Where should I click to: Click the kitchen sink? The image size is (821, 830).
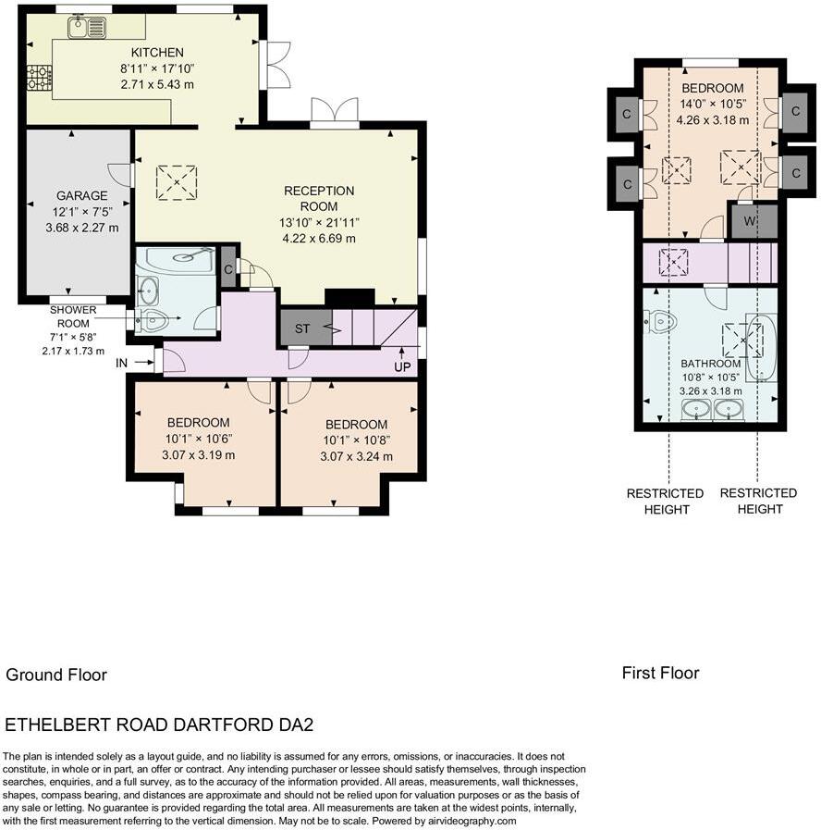pos(87,28)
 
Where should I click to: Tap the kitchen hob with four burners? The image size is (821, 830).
pos(40,78)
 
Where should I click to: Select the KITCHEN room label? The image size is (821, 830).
pos(157,53)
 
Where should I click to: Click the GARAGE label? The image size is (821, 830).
pos(82,195)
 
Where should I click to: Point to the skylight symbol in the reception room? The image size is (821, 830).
pos(177,182)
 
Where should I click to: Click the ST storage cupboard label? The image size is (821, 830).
pos(302,328)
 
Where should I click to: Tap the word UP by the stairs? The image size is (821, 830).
pos(402,366)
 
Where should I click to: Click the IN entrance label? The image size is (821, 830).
pos(122,363)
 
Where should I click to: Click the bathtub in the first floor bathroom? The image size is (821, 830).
pos(761,347)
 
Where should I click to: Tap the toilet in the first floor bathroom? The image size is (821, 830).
pos(660,321)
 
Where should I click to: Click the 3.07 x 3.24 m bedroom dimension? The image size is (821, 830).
pos(357,456)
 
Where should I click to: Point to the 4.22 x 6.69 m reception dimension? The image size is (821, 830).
pos(319,238)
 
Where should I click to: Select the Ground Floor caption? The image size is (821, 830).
pos(56,675)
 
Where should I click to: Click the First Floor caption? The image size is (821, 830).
pos(661,673)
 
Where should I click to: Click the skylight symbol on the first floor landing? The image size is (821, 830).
pos(673,262)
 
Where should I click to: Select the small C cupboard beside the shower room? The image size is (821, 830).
pos(228,267)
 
